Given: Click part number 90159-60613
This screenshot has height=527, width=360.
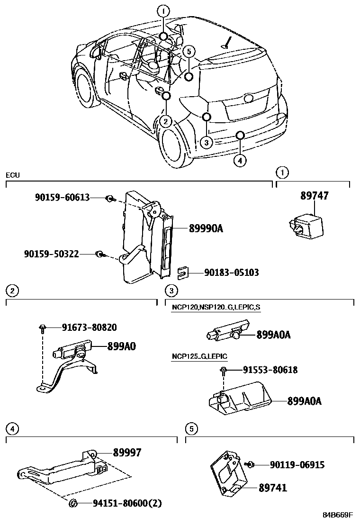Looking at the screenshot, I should tap(62, 198).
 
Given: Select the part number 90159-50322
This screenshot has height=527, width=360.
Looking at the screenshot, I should tap(51, 254).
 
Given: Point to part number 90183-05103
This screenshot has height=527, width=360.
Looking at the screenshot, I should tap(232, 273).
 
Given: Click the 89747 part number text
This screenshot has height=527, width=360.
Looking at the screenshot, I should tap(314, 196).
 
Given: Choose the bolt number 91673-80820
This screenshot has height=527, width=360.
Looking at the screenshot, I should tap(89, 327).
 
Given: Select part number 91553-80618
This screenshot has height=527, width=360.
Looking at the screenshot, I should tap(270, 370).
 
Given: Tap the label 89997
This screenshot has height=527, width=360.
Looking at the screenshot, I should tap(127, 453).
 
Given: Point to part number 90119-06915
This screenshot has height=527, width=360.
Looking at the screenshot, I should tap(297, 465).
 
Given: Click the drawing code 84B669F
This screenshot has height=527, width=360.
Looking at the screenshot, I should tap(338, 515).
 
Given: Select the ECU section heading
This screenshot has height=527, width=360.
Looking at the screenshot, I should tap(13, 175).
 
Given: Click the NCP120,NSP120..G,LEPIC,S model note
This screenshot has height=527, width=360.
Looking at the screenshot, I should tap(216, 308).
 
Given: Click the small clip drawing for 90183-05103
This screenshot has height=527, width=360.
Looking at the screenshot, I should tap(183, 273).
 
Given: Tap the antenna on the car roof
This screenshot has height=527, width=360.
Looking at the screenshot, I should tap(228, 42).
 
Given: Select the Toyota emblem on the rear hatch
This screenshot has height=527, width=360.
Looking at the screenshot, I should tap(248, 98).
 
